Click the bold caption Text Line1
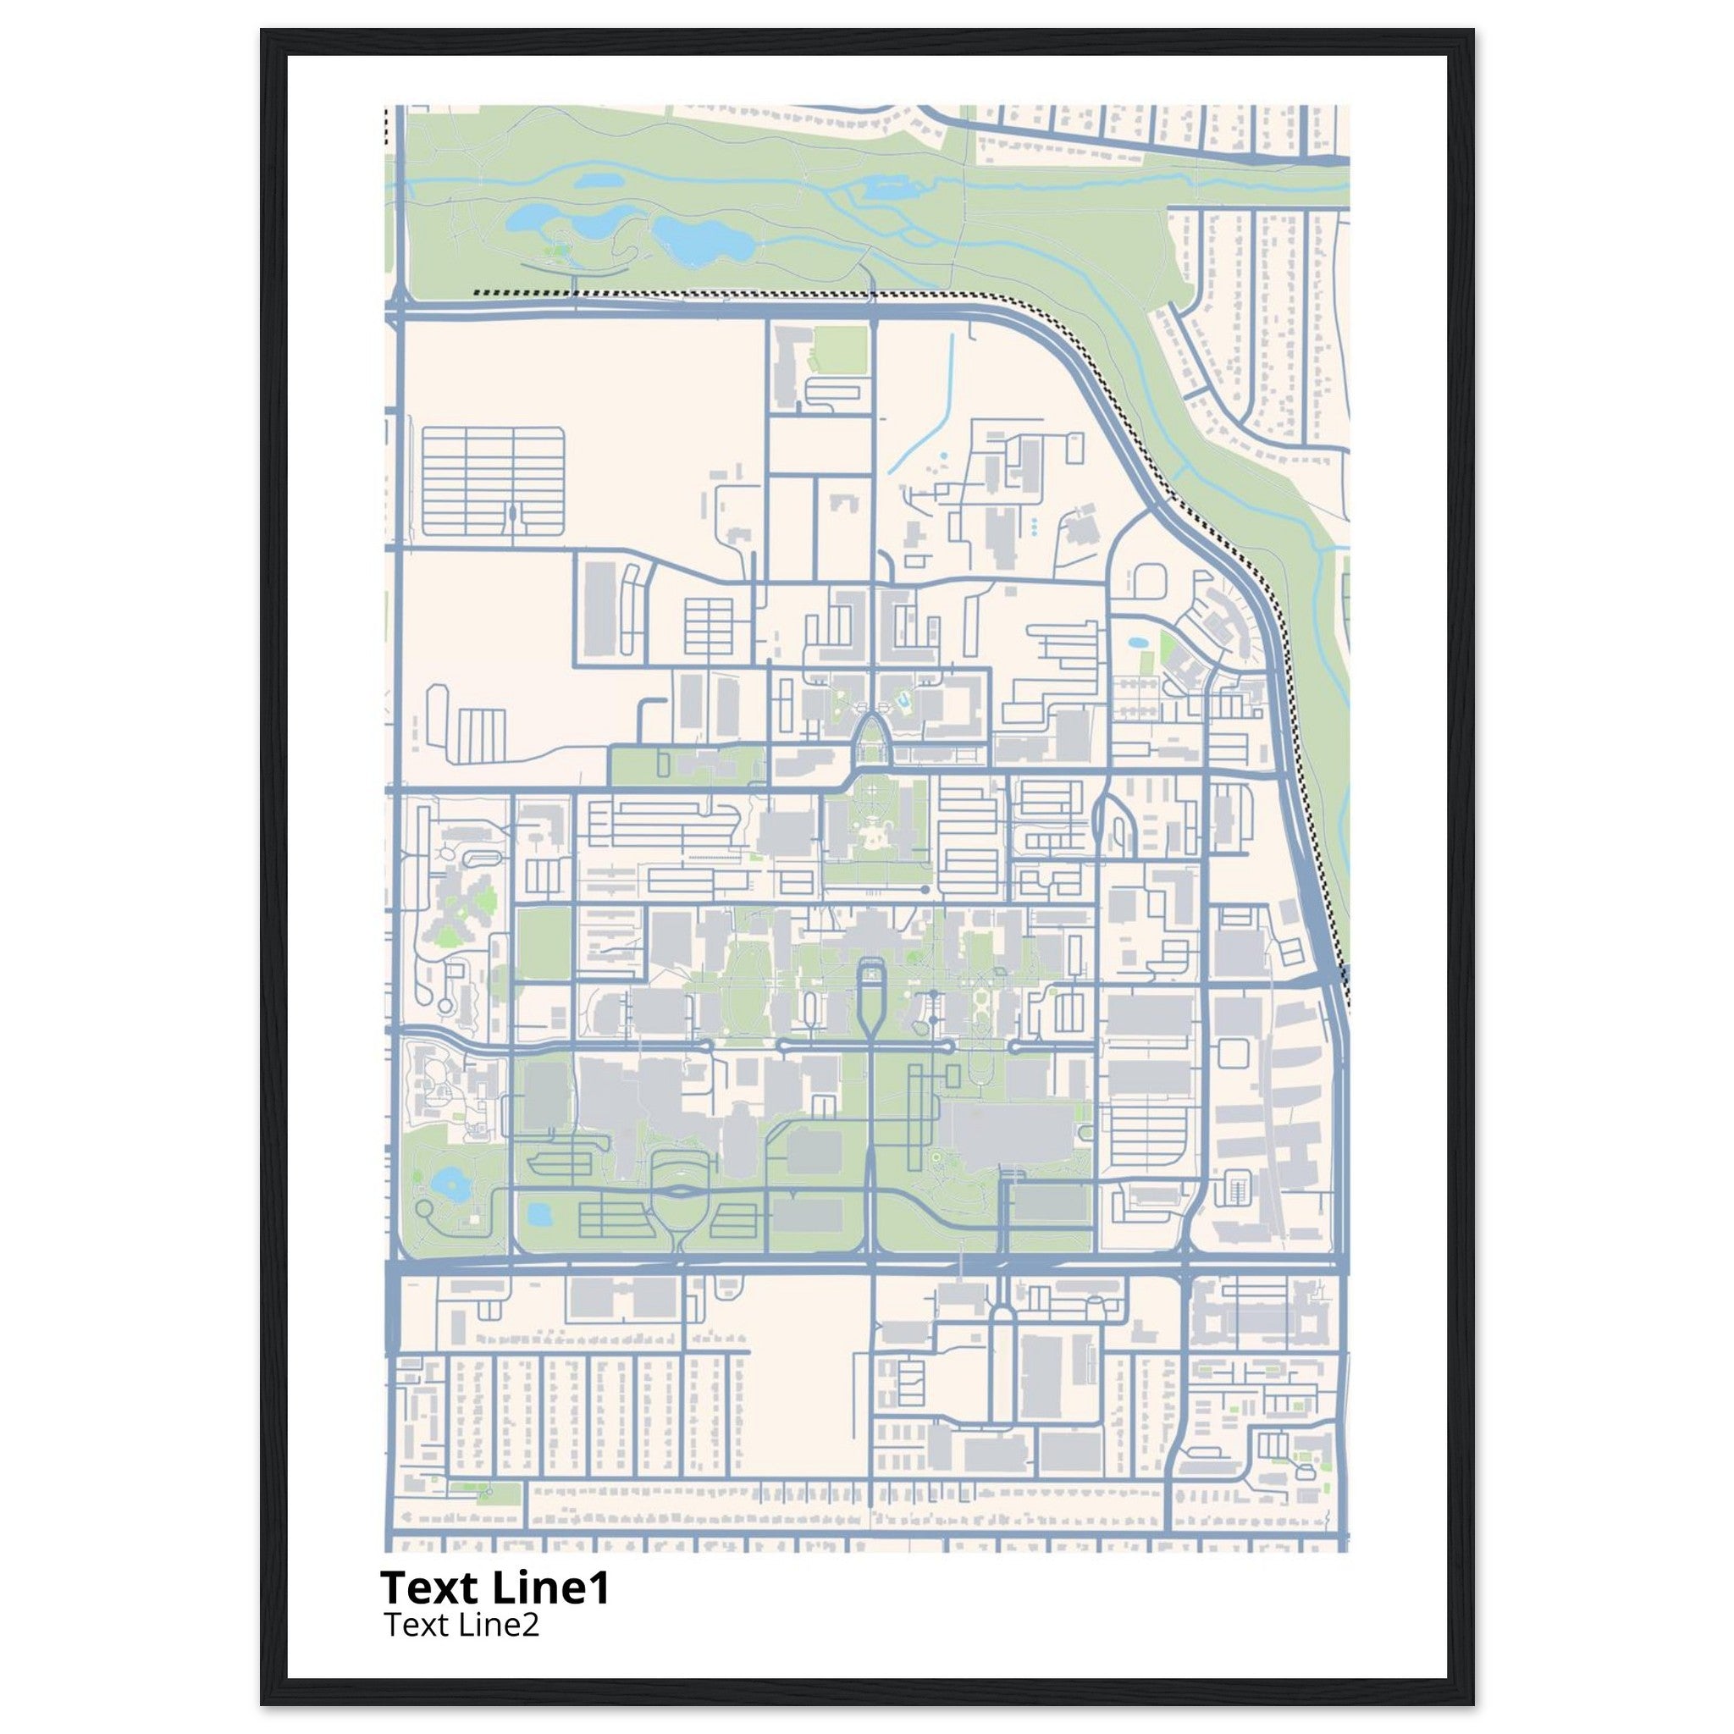[494, 1588]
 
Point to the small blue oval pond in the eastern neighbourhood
[1138, 643]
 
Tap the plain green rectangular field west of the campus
[544, 943]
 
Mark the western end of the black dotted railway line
[476, 293]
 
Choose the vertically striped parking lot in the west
[482, 734]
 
